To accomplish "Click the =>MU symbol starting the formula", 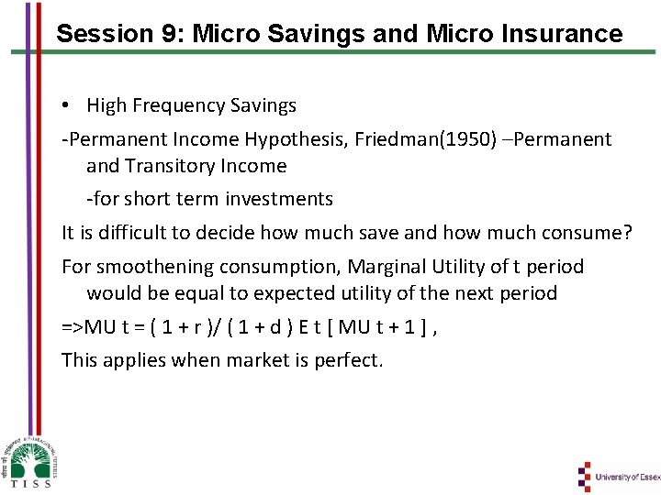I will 81,326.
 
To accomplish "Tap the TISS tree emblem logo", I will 29,456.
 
